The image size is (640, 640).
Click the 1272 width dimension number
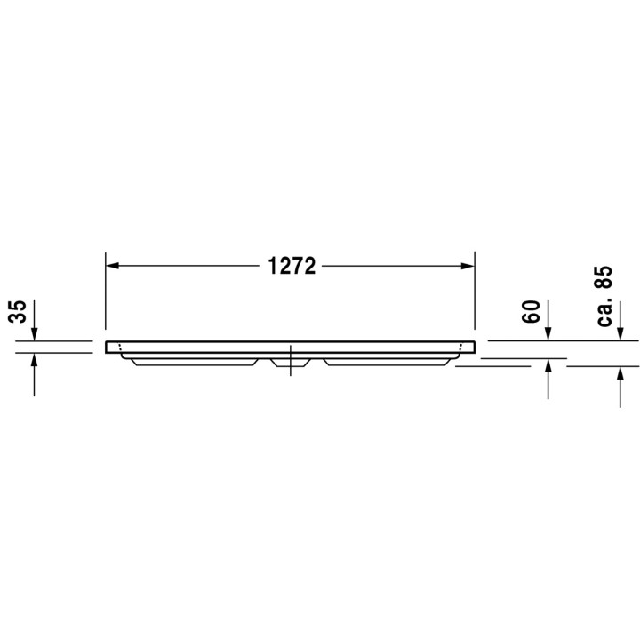(x=292, y=266)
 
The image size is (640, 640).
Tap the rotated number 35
(x=18, y=312)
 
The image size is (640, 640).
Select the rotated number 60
(x=531, y=312)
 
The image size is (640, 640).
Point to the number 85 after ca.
(x=604, y=277)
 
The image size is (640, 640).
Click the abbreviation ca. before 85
(x=605, y=311)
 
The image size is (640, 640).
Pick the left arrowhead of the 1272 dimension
(x=112, y=266)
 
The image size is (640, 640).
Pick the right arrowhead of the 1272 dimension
(x=468, y=266)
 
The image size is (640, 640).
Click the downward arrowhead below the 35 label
(x=34, y=334)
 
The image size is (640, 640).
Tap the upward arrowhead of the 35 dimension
(x=34, y=360)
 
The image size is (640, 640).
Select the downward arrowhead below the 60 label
(x=548, y=334)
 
